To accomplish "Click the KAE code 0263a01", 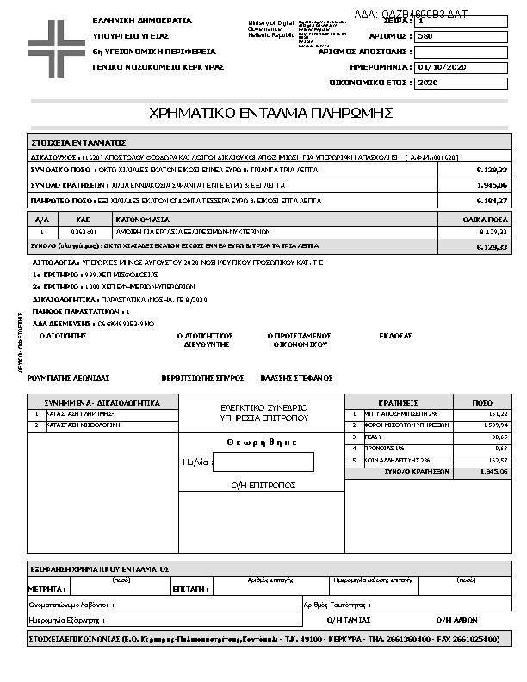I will coord(84,232).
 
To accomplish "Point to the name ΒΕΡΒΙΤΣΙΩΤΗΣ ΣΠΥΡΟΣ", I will coord(203,378).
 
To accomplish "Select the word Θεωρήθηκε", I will coord(262,442).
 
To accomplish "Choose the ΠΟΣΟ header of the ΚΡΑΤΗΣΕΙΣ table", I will coord(483,402).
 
